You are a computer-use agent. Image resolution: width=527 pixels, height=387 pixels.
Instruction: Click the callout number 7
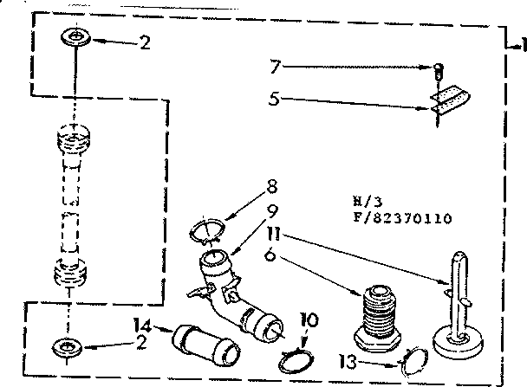(274, 65)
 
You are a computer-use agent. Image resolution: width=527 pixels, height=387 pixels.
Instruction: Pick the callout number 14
(141, 326)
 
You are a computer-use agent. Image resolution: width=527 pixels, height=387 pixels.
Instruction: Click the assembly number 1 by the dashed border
(521, 45)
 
